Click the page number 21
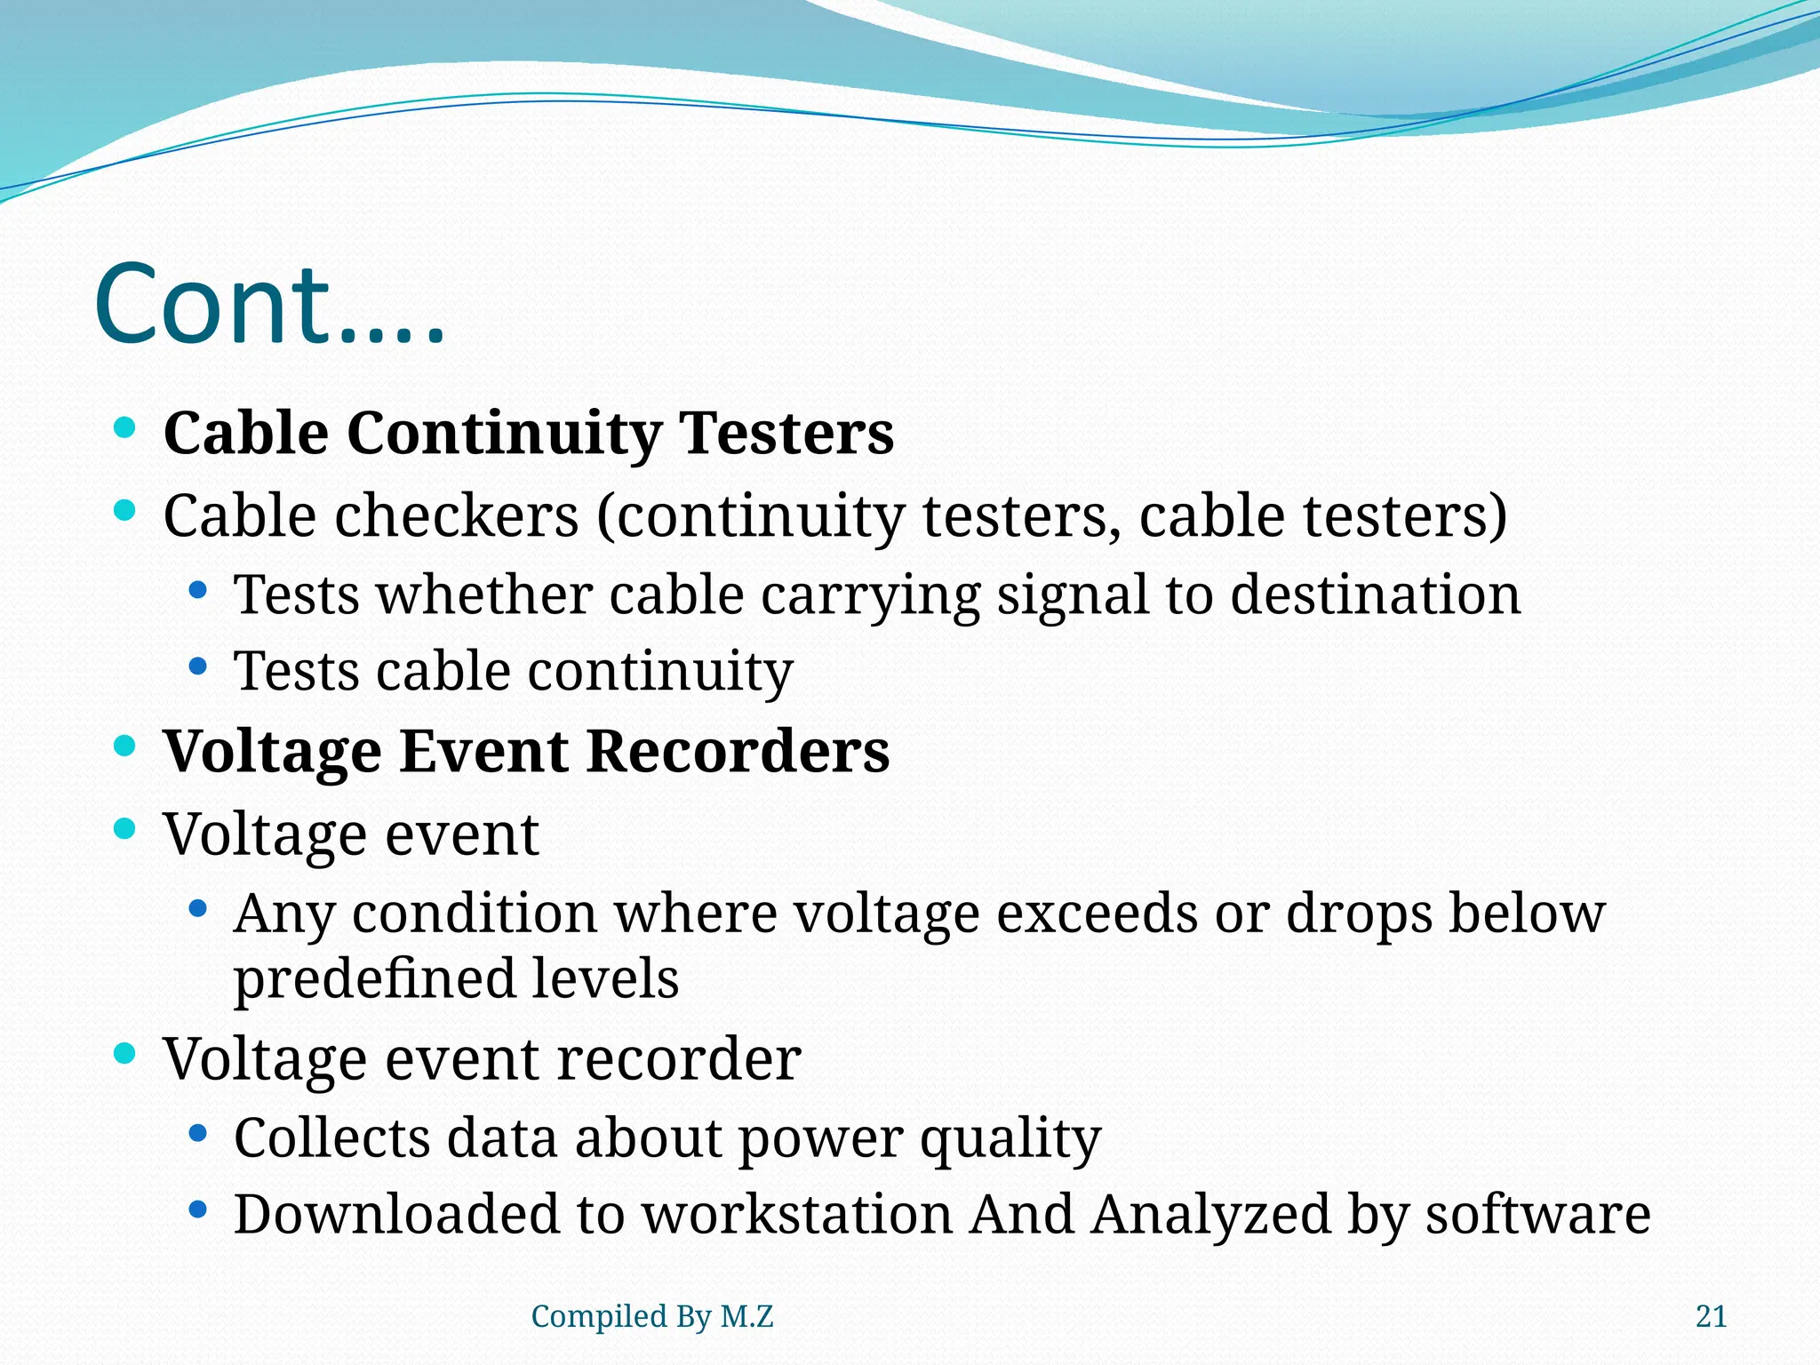coord(1711,1316)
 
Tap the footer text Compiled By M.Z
coord(651,1316)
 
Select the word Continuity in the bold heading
coord(503,434)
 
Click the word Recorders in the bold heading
coord(738,752)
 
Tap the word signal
coord(1072,595)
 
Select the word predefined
coord(374,979)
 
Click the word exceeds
coord(1096,914)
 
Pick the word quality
coord(1010,1138)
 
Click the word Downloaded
coord(396,1215)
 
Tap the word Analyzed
coord(1210,1215)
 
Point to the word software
coord(1538,1215)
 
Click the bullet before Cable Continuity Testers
coord(125,428)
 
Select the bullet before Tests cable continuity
coord(198,666)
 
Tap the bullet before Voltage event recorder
coord(125,1054)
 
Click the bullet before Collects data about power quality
coord(198,1133)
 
